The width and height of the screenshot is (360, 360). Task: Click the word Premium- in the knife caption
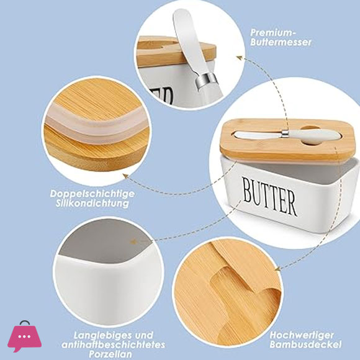tap(272, 33)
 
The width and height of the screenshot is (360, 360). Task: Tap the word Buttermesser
tap(281, 42)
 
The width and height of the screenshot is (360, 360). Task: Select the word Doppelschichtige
tap(92, 194)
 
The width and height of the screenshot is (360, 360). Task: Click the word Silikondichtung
tap(92, 204)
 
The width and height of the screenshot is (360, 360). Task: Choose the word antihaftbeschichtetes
tap(113, 345)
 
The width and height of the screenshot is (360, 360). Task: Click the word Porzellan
tap(111, 354)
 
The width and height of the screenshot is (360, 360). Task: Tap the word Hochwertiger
tap(302, 335)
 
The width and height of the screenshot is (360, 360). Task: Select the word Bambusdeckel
tap(305, 344)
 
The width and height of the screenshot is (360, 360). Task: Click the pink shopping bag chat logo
tap(24, 336)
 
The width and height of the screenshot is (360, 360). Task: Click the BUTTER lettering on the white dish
tap(270, 197)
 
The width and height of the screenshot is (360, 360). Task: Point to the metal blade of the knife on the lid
tap(259, 135)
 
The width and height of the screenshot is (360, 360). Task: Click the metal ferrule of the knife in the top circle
tap(205, 81)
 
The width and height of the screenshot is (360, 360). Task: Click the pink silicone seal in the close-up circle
tap(96, 125)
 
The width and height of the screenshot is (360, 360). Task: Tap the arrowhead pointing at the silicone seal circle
tap(125, 176)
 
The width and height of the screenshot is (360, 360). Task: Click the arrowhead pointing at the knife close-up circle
tap(240, 58)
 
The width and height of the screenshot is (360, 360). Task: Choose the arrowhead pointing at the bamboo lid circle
tap(278, 268)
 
